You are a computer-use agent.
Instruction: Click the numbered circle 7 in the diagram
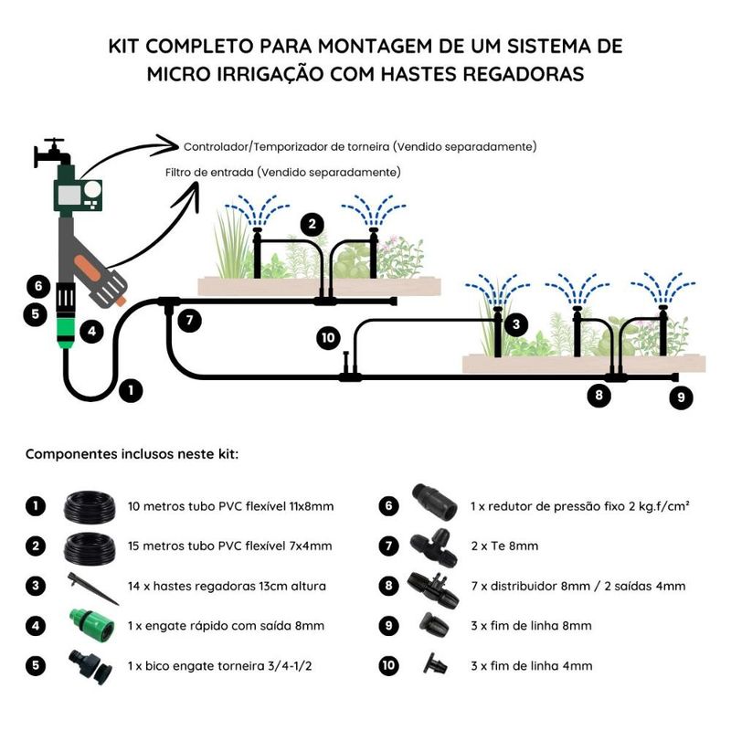coord(189,321)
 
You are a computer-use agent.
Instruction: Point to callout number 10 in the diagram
coord(328,339)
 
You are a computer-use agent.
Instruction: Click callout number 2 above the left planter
coord(313,224)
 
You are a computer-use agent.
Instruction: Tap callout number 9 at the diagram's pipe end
coord(681,397)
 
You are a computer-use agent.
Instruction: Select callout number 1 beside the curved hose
coord(131,390)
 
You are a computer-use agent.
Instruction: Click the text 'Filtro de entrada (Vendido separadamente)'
coord(282,172)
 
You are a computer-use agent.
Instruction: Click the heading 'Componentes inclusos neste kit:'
coord(132,453)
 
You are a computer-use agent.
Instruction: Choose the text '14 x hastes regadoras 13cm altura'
coord(228,586)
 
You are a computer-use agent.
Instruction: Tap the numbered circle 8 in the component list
coord(390,586)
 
